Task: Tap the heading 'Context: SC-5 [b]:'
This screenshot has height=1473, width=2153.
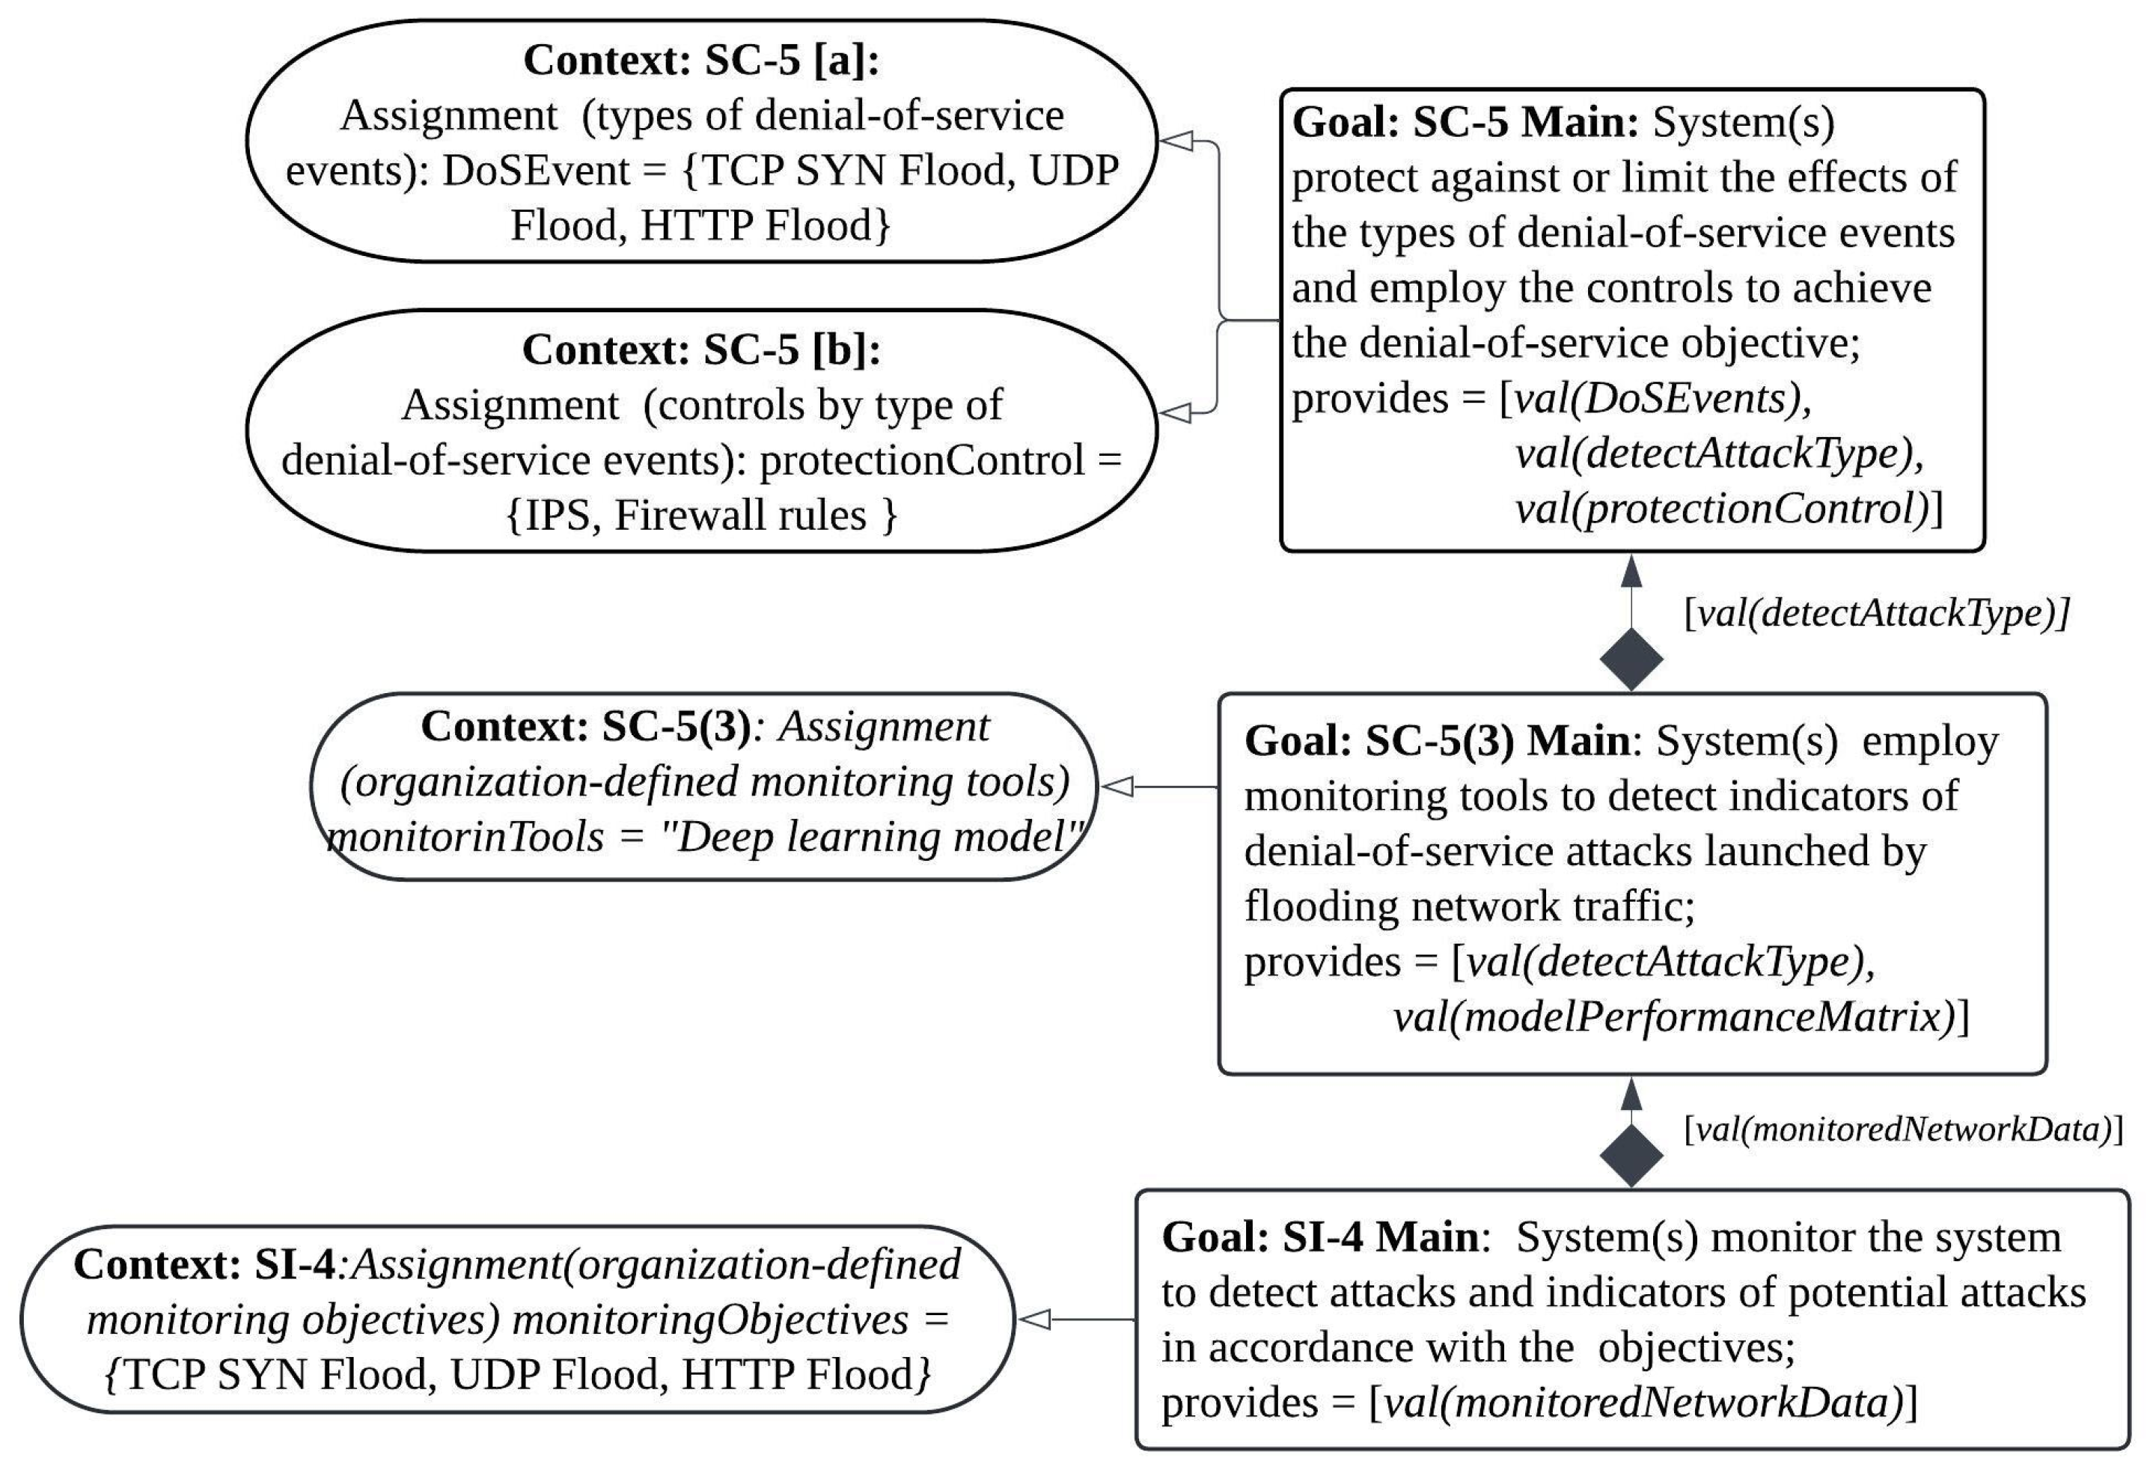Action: click(x=700, y=350)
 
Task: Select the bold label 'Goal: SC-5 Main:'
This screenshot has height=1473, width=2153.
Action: click(x=1465, y=122)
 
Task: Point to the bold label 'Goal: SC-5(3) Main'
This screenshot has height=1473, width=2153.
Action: click(x=1437, y=740)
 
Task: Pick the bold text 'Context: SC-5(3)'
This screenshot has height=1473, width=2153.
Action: click(x=585, y=726)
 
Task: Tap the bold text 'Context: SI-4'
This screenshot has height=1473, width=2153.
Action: click(x=204, y=1265)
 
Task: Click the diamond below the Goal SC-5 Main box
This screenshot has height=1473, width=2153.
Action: click(x=1631, y=659)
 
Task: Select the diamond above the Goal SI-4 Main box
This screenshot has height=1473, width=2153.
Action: click(x=1631, y=1154)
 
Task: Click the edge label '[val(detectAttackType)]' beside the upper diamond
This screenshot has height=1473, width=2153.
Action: click(x=1876, y=613)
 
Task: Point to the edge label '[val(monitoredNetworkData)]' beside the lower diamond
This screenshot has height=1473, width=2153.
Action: click(x=1903, y=1129)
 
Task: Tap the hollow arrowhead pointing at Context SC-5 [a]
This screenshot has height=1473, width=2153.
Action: click(x=1175, y=141)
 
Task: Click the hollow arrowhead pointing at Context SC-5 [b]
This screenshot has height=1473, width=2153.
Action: click(x=1175, y=412)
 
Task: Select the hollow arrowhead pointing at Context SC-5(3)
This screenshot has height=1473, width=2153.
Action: click(x=1117, y=787)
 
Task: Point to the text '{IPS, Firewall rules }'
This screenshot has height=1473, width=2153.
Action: click(x=701, y=515)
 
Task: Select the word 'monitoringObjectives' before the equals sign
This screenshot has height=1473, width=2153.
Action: click(x=709, y=1320)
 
